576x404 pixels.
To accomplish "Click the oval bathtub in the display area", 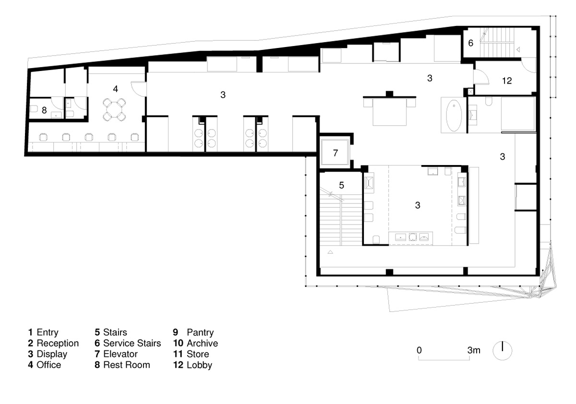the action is (454, 116).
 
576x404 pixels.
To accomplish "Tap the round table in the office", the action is (114, 110).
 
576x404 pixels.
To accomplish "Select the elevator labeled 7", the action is (335, 153).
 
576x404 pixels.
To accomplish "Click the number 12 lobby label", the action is (507, 81).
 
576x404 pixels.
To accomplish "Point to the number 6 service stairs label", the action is (470, 43).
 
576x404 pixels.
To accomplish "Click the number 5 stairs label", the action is (341, 185).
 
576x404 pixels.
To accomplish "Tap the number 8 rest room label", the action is (44, 110).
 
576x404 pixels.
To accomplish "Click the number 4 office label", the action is (116, 89).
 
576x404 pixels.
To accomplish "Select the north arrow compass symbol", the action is (502, 351).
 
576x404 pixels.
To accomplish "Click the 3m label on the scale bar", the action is (474, 350).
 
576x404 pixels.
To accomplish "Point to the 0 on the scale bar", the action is (419, 350).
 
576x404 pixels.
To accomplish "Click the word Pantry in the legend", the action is (200, 333).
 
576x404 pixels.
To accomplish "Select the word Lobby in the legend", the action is (199, 365).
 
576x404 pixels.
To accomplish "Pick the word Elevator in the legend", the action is (120, 354).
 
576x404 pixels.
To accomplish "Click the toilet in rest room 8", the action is (34, 109).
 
